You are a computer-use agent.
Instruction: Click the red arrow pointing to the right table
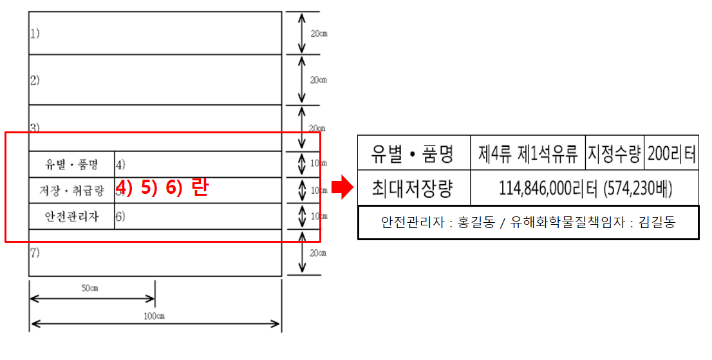click(341, 187)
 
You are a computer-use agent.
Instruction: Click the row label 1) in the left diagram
click(34, 33)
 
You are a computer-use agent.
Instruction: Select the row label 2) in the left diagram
click(35, 81)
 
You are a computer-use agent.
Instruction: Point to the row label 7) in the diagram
click(35, 253)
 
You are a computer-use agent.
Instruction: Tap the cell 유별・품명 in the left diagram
click(71, 164)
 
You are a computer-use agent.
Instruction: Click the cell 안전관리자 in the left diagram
click(71, 216)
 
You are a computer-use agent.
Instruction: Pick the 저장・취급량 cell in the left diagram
click(71, 191)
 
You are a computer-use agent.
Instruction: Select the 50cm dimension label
click(89, 288)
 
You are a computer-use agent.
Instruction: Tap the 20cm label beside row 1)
click(319, 33)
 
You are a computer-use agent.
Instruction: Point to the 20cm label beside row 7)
click(319, 253)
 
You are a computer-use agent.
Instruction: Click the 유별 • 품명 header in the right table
click(413, 153)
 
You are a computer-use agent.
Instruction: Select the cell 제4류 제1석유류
click(528, 153)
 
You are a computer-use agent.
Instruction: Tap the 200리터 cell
click(671, 153)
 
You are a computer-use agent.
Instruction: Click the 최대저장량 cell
click(413, 188)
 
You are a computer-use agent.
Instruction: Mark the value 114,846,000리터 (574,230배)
click(585, 188)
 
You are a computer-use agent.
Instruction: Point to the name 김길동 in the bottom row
click(658, 223)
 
